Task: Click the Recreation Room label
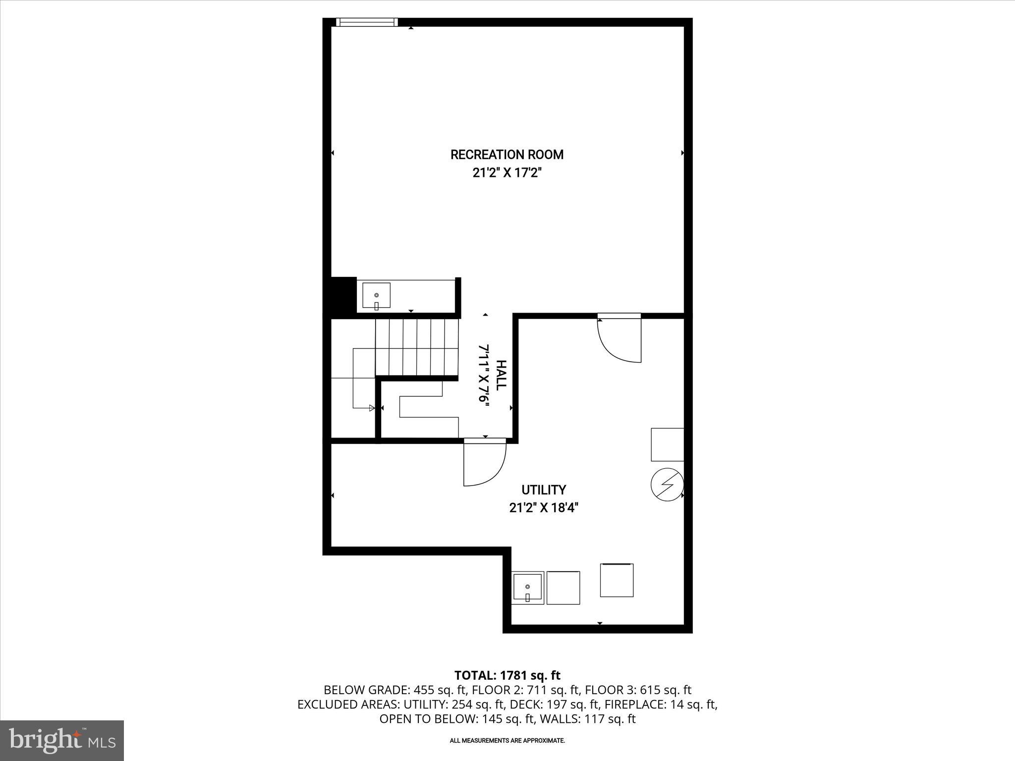507,155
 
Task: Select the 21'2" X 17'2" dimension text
507,173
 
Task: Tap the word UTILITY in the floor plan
543,490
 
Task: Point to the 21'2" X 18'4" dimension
543,508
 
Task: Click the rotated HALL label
501,375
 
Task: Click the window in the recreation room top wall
367,22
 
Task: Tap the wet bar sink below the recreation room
376,296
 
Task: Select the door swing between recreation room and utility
620,339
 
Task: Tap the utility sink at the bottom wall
527,587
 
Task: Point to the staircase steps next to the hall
416,347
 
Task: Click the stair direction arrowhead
372,408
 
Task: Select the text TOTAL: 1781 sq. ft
507,675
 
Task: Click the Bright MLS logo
62,741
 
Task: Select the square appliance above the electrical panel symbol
667,444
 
